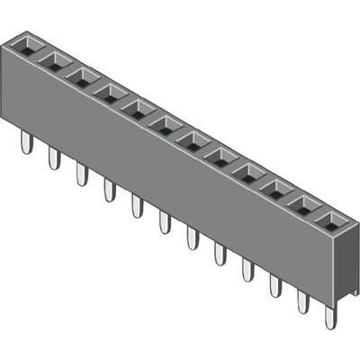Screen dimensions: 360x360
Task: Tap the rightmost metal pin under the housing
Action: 330,317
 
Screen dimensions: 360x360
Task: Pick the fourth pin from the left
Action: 110,189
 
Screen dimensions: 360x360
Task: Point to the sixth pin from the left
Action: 165,221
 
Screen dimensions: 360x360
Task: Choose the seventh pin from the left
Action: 193,237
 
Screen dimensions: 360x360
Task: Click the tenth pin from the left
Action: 275,284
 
